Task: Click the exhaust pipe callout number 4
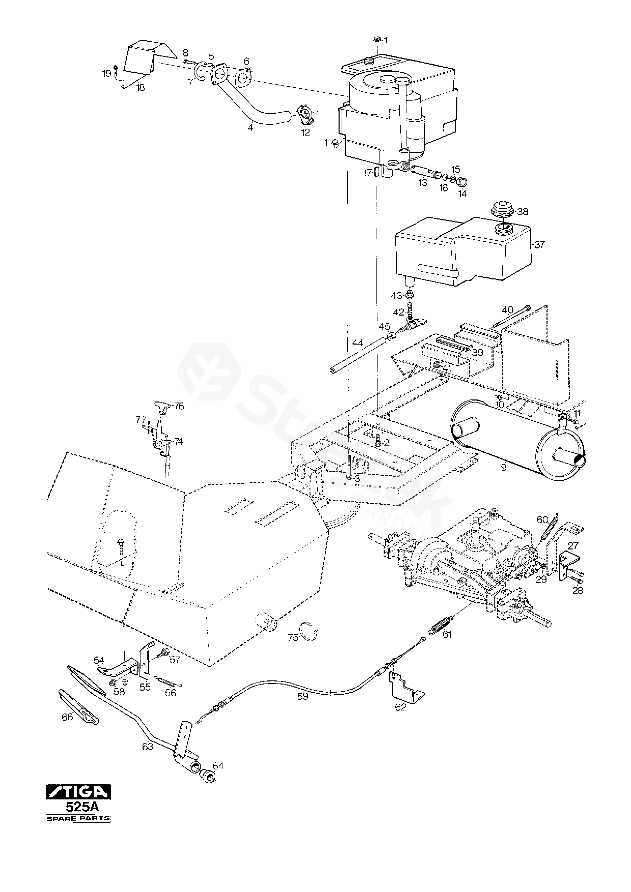(x=250, y=127)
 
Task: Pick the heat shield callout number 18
(x=140, y=88)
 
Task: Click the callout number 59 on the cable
(x=302, y=697)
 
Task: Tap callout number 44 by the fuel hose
(x=357, y=343)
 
